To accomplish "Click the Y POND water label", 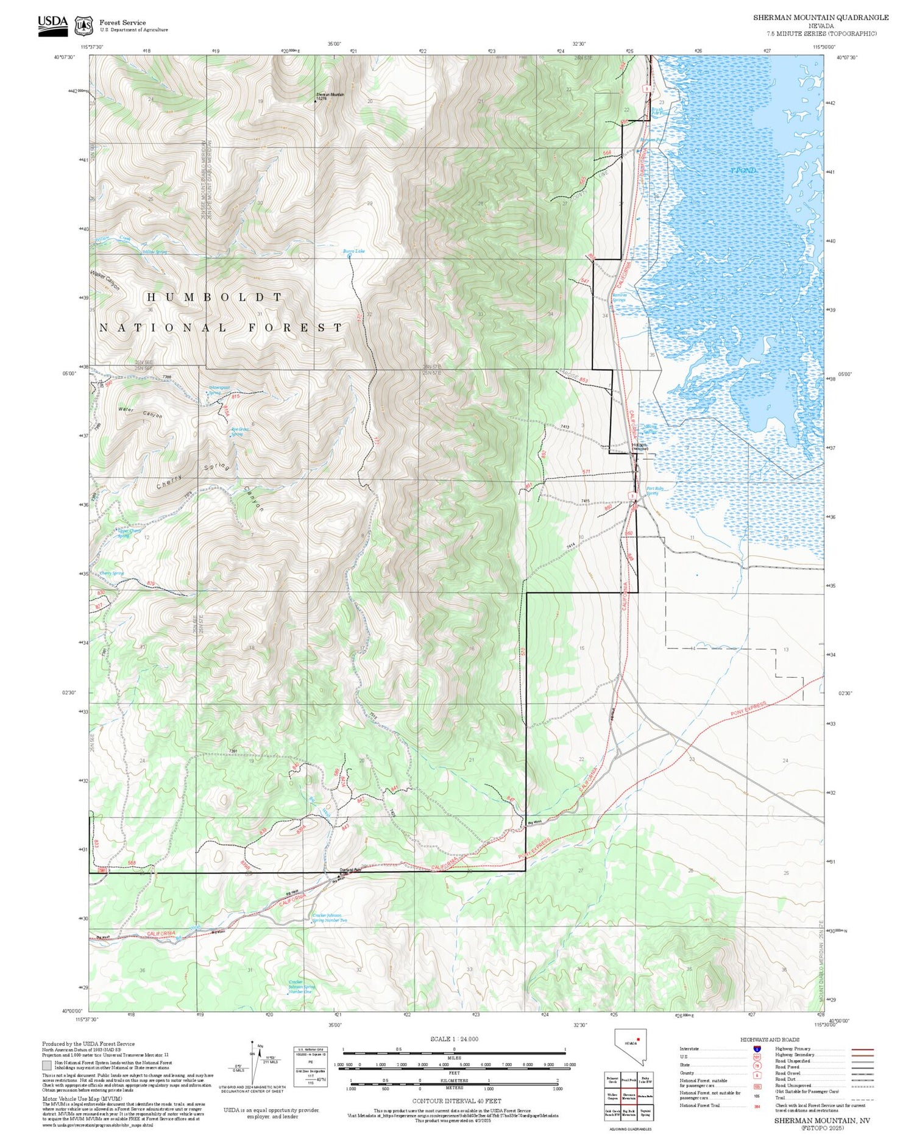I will [x=743, y=170].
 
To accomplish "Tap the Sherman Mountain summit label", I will [x=330, y=95].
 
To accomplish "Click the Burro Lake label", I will [x=353, y=251].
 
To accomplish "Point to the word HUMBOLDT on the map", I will [x=214, y=297].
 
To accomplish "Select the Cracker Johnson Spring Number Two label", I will [x=330, y=917].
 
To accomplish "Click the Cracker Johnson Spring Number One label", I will [x=302, y=987].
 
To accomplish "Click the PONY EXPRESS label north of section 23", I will [x=748, y=708].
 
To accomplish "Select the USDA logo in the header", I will [x=52, y=25].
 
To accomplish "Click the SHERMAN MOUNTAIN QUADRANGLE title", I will [x=820, y=18].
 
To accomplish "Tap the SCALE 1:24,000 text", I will [x=454, y=1039].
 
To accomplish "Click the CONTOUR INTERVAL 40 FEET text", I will [x=456, y=1101].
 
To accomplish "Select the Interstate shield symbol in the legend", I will [x=757, y=1048].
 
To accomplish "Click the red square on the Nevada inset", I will [x=638, y=1039].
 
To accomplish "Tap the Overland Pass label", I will [x=350, y=870].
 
